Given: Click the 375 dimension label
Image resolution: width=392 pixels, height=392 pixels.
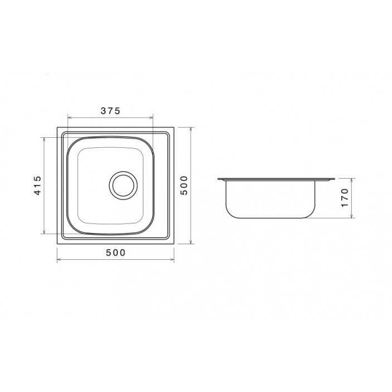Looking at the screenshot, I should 110,110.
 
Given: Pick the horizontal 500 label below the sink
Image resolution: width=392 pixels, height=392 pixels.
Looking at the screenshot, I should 115,253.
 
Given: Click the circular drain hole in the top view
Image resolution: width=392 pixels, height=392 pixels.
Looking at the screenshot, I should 122,185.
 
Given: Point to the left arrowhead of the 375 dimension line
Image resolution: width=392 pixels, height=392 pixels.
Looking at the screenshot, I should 69,117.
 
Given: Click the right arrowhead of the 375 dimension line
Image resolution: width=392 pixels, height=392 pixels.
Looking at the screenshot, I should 151,117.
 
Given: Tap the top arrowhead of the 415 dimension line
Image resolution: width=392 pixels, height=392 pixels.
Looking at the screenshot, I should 45,138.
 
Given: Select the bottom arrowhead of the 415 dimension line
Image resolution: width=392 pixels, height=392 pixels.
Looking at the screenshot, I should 45,232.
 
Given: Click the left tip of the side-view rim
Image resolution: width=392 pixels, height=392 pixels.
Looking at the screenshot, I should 217,179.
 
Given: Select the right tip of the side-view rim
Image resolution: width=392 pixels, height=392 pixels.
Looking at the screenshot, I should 335,179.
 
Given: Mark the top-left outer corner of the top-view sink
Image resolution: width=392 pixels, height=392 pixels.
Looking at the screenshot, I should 58,127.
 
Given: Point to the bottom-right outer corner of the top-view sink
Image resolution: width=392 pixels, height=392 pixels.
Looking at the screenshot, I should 174,244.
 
